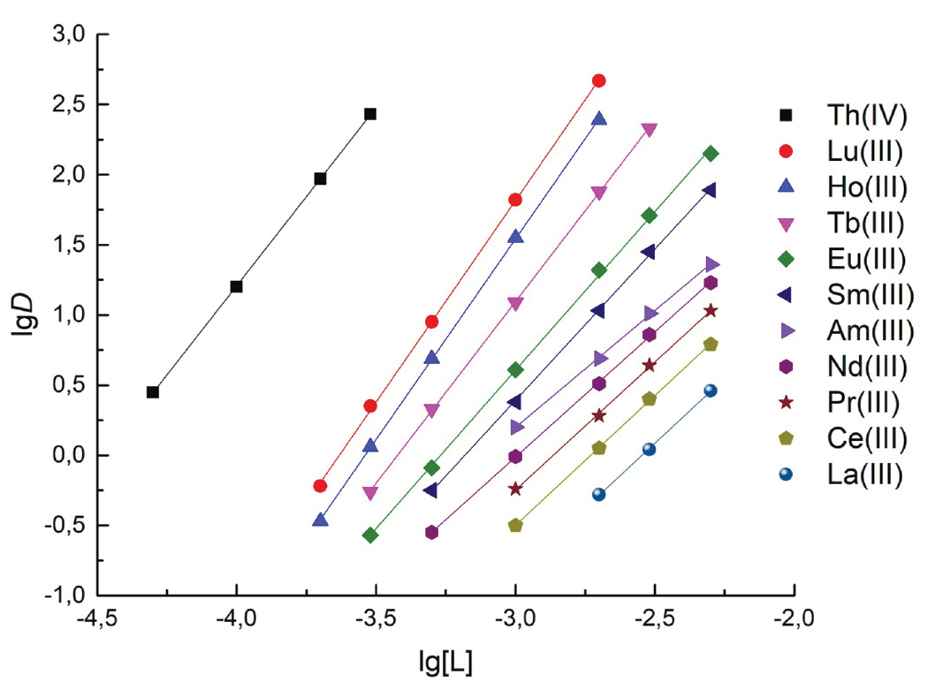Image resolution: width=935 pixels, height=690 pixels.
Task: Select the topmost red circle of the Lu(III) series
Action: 598,80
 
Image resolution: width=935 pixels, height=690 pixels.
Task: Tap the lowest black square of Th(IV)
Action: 153,392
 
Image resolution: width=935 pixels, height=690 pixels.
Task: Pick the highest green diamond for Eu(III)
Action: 711,154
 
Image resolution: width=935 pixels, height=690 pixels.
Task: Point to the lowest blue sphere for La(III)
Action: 598,495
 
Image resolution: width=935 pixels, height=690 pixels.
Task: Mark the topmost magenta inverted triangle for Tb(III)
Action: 650,130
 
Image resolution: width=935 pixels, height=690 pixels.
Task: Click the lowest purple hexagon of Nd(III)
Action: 431,532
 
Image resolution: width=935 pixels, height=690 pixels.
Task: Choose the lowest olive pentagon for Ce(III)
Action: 515,525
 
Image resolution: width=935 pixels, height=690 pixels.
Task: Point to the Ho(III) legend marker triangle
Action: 785,186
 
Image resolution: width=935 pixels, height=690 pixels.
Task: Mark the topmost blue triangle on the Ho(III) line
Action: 598,119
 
